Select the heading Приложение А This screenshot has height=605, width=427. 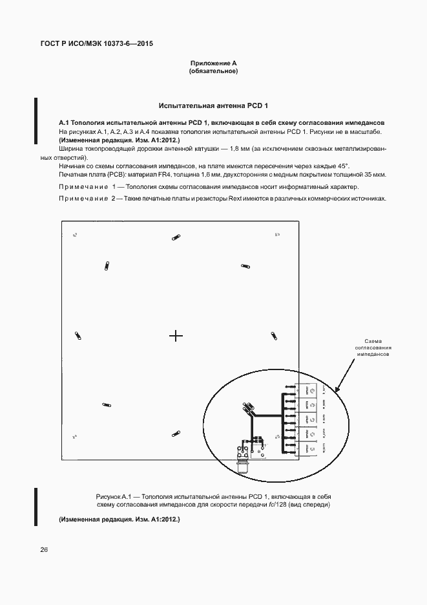click(x=213, y=63)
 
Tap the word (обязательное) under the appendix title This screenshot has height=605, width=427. click(x=213, y=71)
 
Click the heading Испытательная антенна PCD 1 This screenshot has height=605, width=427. click(x=213, y=105)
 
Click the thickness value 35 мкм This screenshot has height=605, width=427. click(x=375, y=175)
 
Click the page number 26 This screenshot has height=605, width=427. click(x=45, y=550)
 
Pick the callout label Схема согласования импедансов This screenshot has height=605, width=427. click(x=373, y=348)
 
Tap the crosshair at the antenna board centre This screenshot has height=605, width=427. click(x=176, y=335)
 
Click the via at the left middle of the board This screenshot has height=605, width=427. click(x=78, y=335)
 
